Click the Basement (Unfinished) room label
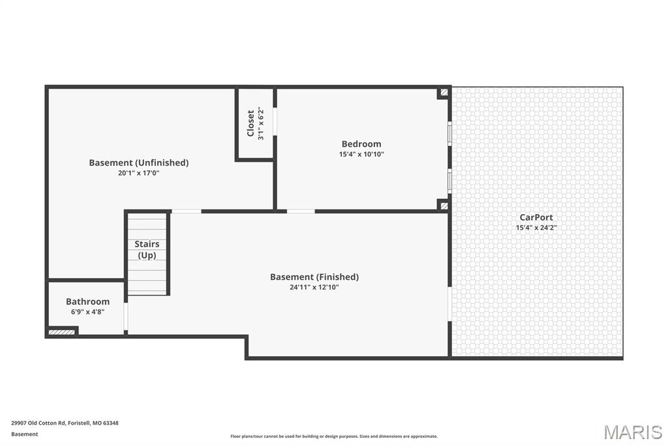(x=138, y=162)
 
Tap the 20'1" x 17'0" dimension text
(x=138, y=173)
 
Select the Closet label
(x=250, y=123)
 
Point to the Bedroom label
(x=361, y=144)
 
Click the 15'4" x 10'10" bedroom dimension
(x=361, y=155)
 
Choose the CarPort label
(x=536, y=217)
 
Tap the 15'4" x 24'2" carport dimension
(x=536, y=228)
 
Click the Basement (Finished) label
(x=314, y=277)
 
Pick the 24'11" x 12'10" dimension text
(x=314, y=287)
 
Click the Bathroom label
(x=87, y=301)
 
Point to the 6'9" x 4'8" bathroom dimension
(x=87, y=312)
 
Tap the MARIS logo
(x=632, y=432)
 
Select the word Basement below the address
(x=24, y=434)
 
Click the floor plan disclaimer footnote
(x=333, y=437)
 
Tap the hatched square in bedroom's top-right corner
(x=444, y=93)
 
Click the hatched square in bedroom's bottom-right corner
(x=444, y=206)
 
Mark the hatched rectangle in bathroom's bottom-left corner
(x=61, y=332)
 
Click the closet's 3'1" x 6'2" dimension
(x=260, y=123)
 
